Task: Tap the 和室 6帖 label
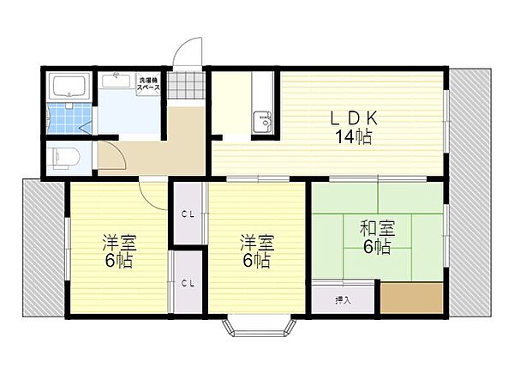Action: pyautogui.click(x=376, y=238)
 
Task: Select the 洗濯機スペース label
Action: pyautogui.click(x=149, y=85)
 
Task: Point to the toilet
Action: pyautogui.click(x=63, y=157)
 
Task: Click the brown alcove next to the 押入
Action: pyautogui.click(x=411, y=299)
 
